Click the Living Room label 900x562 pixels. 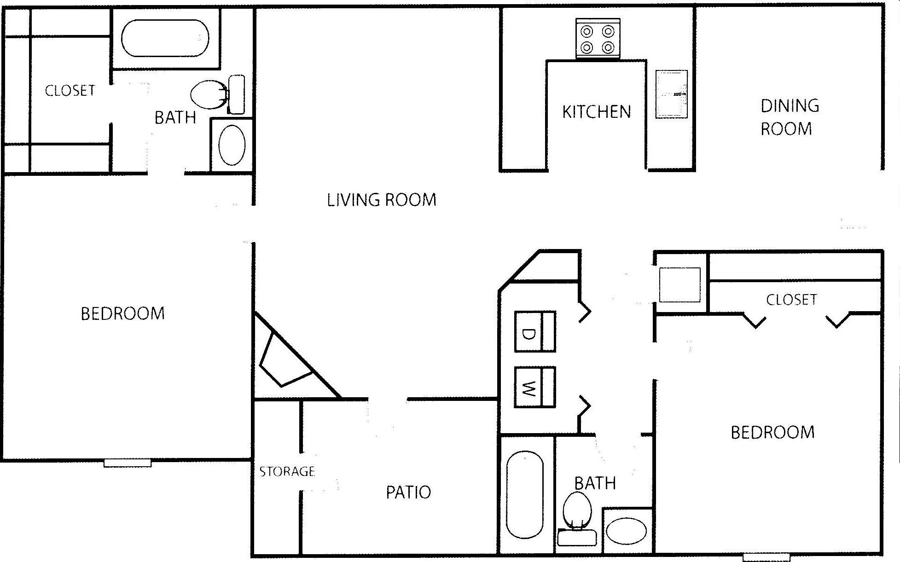[x=382, y=200]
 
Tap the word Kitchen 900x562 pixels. [x=596, y=112]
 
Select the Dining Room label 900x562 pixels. [x=789, y=117]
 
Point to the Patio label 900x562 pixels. [x=408, y=492]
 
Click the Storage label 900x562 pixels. [x=287, y=471]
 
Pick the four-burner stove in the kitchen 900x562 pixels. [x=598, y=39]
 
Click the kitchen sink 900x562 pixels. [x=671, y=94]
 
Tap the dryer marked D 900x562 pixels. [x=534, y=332]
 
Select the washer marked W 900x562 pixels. [x=534, y=387]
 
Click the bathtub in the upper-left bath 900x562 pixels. [x=165, y=38]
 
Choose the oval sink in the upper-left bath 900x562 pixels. [x=232, y=145]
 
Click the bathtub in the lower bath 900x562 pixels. [x=525, y=495]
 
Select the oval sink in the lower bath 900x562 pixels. [x=626, y=531]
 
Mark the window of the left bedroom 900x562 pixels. [x=128, y=463]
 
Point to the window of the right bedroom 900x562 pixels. [x=766, y=557]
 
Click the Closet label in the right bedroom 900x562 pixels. [x=791, y=300]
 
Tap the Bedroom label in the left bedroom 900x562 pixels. [x=122, y=314]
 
